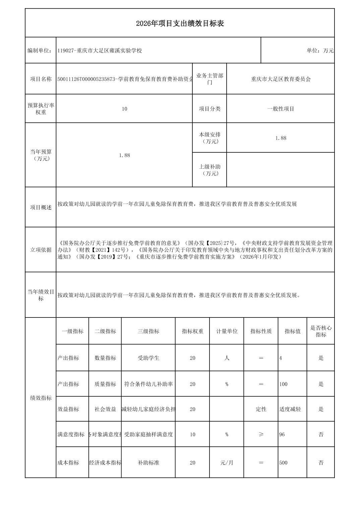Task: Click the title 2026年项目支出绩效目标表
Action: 180,23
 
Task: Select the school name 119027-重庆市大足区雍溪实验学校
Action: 100,51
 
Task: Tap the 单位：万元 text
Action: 320,51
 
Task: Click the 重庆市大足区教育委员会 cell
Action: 281,79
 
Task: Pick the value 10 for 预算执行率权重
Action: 124,109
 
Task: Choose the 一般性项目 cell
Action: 281,109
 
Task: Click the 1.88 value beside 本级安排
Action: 281,138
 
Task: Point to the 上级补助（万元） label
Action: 210,170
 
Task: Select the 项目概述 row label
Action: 41,207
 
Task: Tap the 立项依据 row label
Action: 41,250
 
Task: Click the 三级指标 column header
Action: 148,331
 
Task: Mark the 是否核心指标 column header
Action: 321,331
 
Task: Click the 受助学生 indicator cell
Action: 148,358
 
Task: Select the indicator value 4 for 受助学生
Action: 281,358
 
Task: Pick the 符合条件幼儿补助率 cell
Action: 148,384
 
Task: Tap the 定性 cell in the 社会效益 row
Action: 261,409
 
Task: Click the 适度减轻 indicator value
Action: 290,409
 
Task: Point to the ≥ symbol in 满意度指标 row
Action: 261,434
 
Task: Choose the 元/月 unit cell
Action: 227,463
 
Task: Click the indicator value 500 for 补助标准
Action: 283,463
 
